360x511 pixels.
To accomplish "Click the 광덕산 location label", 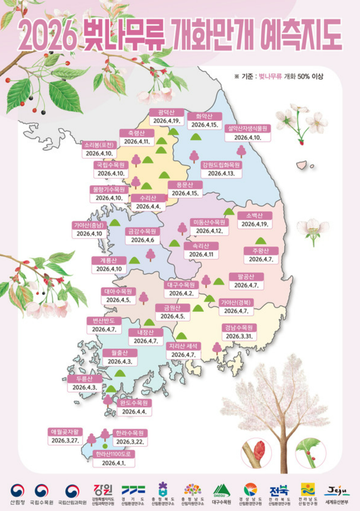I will [166, 112].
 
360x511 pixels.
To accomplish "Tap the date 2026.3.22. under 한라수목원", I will [130, 441].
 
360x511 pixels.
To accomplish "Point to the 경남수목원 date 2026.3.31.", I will [239, 336].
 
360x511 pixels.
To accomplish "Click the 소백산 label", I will [255, 215].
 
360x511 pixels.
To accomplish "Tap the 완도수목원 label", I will [134, 403].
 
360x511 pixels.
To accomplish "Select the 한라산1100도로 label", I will [114, 454].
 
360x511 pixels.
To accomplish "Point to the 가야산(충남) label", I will [89, 225].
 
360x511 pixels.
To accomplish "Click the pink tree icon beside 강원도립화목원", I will [194, 156].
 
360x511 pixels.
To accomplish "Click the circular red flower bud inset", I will [256, 453].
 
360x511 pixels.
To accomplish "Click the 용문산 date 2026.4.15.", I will [185, 193].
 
